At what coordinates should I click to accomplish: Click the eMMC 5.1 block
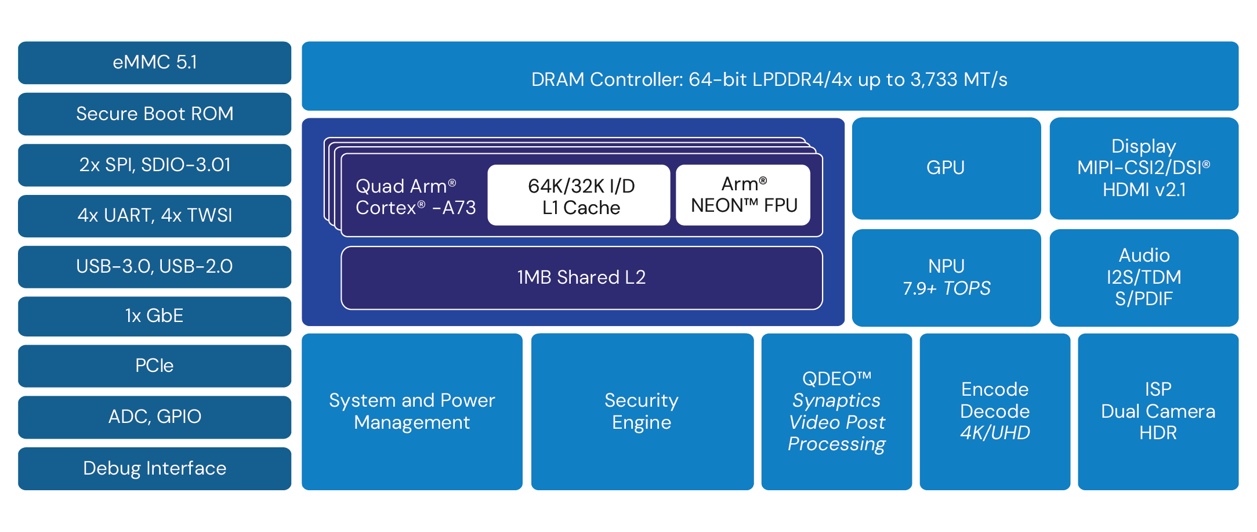click(x=154, y=63)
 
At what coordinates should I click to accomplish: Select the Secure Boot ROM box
click(x=154, y=114)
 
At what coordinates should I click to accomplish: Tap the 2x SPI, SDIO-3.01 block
click(x=154, y=165)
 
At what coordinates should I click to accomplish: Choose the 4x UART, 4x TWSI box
click(x=154, y=216)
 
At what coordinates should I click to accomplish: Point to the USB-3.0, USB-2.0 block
click(x=154, y=266)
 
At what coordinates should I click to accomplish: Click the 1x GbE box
click(x=154, y=316)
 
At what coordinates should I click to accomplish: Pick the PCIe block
click(x=154, y=365)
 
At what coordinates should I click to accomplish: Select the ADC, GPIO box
click(x=154, y=417)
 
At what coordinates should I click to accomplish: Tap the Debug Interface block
click(x=154, y=468)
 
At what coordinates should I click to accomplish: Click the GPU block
click(x=946, y=168)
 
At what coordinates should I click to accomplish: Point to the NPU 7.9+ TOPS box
click(x=946, y=277)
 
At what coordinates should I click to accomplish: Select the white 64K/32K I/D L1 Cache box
click(x=580, y=196)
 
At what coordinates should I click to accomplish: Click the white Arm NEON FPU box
click(x=744, y=195)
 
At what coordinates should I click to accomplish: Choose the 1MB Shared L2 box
click(x=581, y=278)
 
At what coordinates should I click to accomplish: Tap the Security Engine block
click(x=642, y=411)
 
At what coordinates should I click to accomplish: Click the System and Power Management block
click(x=412, y=411)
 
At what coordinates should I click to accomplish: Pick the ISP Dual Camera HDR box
click(x=1158, y=411)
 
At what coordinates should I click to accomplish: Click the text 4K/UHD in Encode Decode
click(x=995, y=433)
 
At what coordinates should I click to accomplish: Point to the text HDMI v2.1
click(x=1144, y=190)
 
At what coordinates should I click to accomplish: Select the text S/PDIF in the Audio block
click(x=1144, y=299)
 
